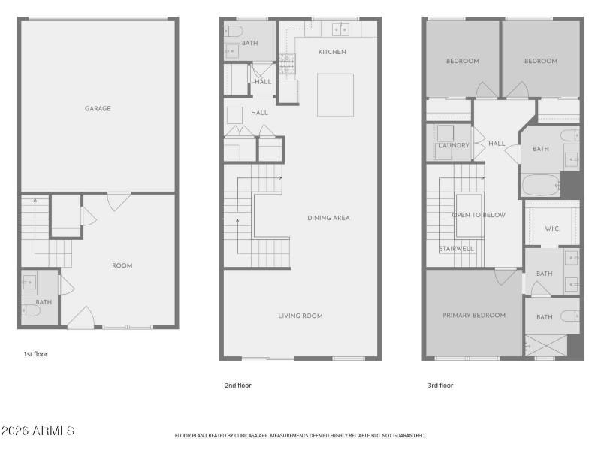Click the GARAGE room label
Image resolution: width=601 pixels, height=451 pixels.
[98, 108]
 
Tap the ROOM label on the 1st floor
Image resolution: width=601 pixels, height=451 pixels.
[122, 265]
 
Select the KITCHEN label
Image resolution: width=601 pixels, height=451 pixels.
[331, 52]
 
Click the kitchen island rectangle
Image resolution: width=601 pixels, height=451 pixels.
[335, 95]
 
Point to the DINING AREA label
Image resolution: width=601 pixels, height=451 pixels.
[328, 218]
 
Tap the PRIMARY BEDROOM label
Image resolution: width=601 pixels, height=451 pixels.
[473, 315]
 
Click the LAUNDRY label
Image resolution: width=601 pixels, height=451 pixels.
[454, 145]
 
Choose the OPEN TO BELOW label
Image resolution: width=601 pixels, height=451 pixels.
[479, 215]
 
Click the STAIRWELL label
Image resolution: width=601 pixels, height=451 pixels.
[457, 248]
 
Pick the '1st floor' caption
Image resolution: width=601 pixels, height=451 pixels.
[35, 353]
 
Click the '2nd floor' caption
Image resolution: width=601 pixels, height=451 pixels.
[238, 386]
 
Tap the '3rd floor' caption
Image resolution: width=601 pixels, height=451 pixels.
[440, 386]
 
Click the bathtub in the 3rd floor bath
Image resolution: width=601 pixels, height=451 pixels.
[540, 184]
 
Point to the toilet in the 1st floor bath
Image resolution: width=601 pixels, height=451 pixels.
[29, 310]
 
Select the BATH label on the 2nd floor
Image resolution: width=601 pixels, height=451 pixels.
[249, 43]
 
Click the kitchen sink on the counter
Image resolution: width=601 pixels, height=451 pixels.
[340, 29]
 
